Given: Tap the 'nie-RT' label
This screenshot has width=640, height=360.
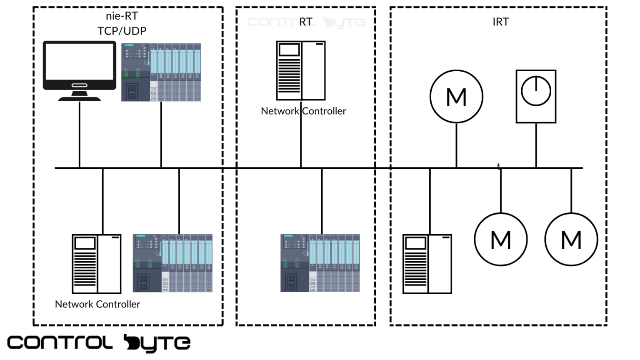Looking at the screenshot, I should (122, 16).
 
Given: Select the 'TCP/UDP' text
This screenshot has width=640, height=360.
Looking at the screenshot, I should (122, 31).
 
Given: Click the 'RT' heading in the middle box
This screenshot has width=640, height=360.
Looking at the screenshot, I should (306, 22).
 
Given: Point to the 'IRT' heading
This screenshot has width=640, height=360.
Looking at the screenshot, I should (500, 22).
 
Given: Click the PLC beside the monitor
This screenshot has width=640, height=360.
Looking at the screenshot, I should (161, 72).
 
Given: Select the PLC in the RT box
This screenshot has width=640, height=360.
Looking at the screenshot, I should (320, 263).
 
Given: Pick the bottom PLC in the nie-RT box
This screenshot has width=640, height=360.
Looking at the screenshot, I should (172, 263).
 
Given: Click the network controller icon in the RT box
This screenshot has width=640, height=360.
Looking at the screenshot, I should (301, 70).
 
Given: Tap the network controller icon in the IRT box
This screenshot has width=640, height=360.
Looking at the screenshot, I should (427, 264).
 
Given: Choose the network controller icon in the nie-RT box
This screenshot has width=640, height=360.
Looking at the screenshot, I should (97, 264).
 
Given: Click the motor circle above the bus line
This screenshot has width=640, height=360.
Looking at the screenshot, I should (456, 97).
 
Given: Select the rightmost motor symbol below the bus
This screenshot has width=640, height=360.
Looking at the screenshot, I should (571, 240).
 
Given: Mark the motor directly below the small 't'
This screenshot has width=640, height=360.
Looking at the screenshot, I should (500, 240).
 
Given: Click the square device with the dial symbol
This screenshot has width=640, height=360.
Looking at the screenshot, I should (536, 96).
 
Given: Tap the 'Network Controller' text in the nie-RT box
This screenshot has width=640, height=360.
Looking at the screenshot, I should (97, 304).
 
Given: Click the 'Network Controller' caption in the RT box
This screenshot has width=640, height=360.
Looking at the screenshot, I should (303, 111).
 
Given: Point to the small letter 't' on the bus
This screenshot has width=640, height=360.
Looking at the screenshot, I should (498, 166).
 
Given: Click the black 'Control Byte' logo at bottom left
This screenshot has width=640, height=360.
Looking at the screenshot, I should (99, 343).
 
